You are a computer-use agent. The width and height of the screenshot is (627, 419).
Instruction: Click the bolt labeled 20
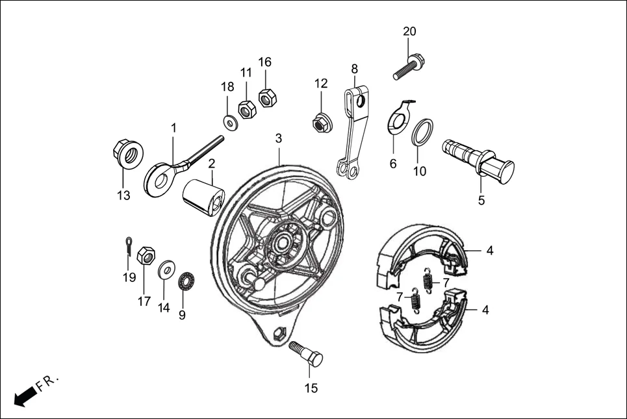pos(409,68)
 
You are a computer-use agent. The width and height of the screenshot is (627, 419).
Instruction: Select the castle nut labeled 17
pos(147,256)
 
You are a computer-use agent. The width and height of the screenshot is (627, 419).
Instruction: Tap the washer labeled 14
pos(166,268)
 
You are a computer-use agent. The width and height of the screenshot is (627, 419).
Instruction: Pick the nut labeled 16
pos(267,98)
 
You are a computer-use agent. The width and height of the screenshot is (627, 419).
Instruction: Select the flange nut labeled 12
pos(320,121)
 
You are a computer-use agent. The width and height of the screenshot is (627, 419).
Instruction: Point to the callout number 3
pos(278,138)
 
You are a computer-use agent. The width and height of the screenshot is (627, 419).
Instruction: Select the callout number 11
pos(246,73)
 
